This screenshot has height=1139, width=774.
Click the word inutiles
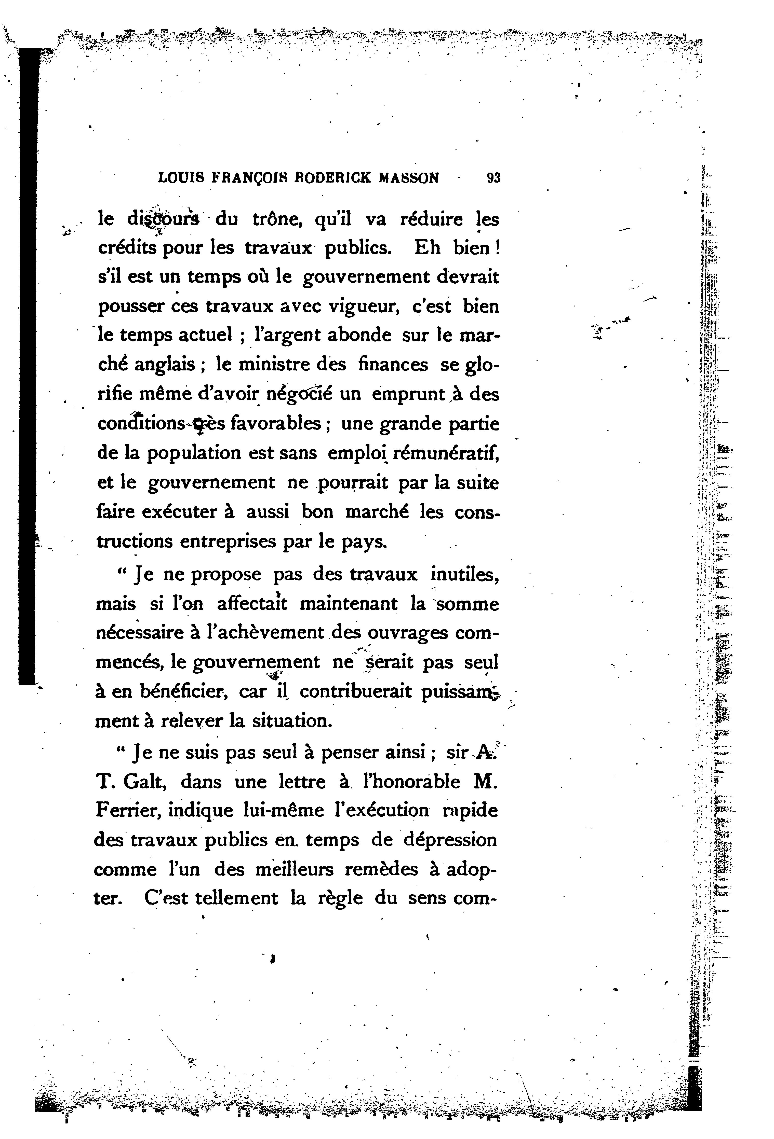tap(464, 574)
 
